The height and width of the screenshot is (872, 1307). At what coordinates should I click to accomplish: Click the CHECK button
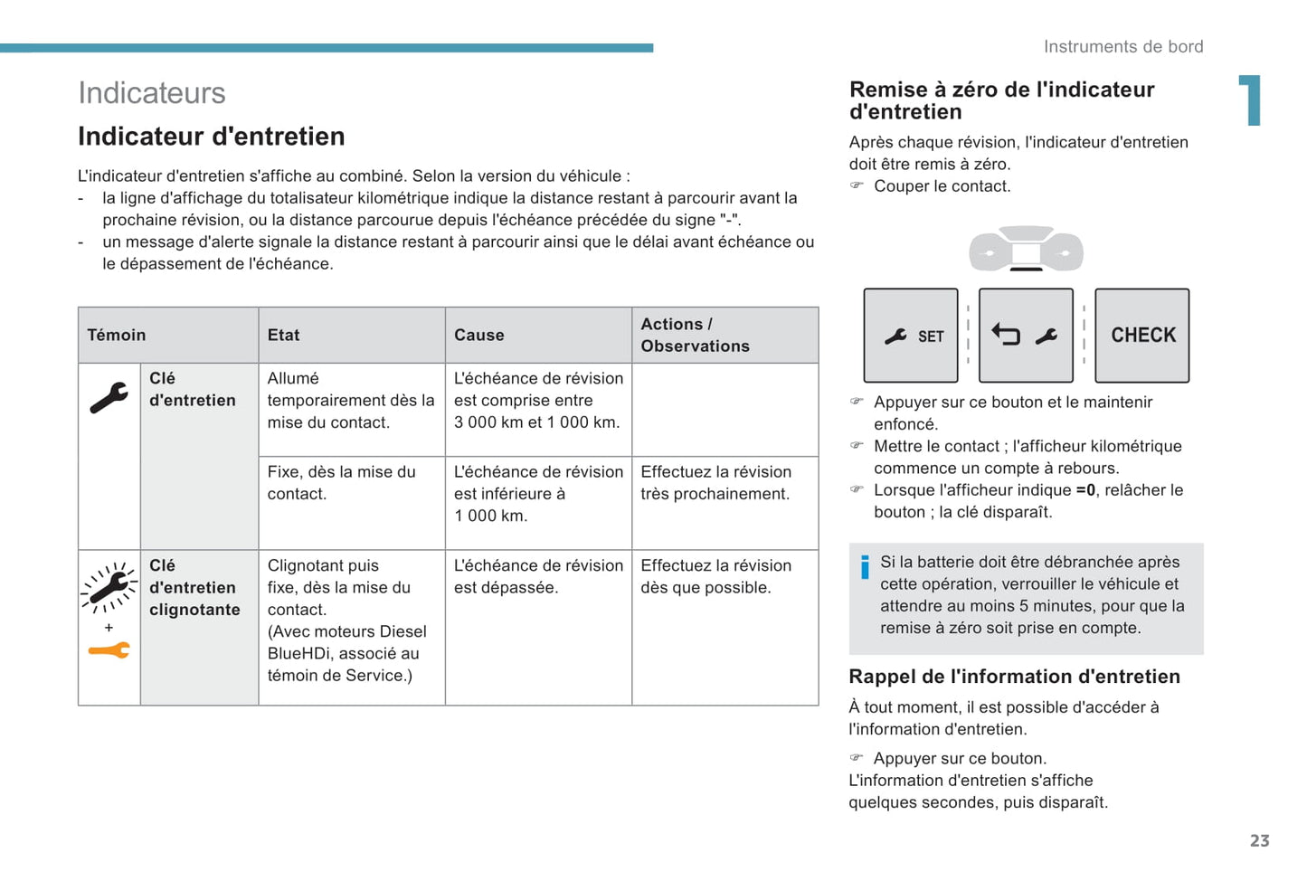click(1142, 336)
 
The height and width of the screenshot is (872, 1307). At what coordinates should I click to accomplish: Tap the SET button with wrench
click(911, 336)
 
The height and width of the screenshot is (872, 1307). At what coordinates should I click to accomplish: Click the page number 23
click(1259, 840)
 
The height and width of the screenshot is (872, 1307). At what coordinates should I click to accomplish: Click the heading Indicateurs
click(152, 93)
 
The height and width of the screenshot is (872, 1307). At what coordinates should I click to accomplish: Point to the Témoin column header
click(117, 336)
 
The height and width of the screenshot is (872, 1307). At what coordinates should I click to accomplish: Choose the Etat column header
click(283, 336)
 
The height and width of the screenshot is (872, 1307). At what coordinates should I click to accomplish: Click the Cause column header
click(479, 336)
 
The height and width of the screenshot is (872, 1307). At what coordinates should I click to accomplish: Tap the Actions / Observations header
click(695, 335)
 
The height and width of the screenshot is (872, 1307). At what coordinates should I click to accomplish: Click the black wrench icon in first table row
click(109, 398)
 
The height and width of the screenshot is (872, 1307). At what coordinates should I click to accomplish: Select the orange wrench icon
click(109, 650)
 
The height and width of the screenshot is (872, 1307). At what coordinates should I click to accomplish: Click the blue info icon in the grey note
click(865, 567)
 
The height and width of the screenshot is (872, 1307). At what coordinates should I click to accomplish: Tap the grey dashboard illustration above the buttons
click(1026, 249)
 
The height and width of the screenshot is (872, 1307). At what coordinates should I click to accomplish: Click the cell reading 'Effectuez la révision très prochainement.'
click(715, 483)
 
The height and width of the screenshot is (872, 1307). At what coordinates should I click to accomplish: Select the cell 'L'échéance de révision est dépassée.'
click(538, 576)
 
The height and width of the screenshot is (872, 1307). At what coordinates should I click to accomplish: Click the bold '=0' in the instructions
click(1085, 490)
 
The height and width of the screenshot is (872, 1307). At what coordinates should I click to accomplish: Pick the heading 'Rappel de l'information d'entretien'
click(1014, 677)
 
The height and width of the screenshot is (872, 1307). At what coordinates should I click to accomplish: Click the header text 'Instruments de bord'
click(1122, 47)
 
